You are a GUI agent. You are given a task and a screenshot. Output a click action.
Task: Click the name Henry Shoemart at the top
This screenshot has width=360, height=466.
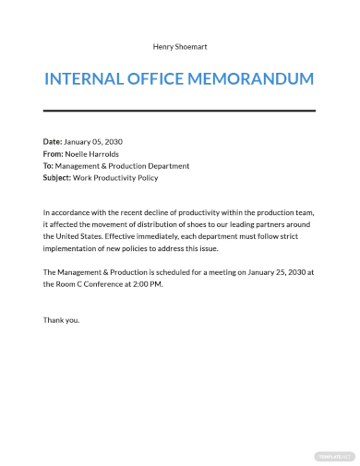tap(179, 45)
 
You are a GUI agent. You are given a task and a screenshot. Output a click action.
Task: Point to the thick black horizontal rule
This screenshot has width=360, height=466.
tap(179, 113)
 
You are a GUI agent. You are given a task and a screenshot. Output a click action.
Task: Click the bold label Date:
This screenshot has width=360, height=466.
tap(53, 141)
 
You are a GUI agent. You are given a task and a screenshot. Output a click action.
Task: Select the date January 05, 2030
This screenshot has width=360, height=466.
tap(93, 141)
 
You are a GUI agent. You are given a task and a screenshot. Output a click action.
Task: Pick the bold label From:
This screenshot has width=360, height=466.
tap(54, 153)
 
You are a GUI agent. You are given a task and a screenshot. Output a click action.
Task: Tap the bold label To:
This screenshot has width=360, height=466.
tap(49, 166)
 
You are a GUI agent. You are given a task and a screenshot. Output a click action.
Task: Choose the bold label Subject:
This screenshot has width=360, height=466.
tap(60, 178)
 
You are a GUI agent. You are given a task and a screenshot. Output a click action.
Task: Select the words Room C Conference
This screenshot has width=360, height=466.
tap(95, 285)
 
